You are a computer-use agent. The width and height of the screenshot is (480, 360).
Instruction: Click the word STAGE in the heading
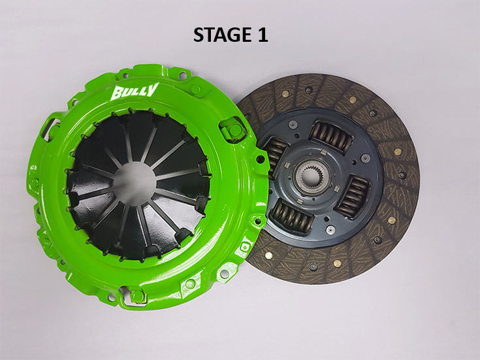(219, 35)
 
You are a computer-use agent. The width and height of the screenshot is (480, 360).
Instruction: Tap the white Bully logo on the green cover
(136, 90)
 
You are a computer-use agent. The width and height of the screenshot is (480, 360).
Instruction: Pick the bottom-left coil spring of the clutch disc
(293, 214)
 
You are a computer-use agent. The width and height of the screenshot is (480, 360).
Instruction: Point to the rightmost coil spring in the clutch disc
(351, 193)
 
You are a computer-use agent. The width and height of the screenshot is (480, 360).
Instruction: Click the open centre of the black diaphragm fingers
(135, 178)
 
